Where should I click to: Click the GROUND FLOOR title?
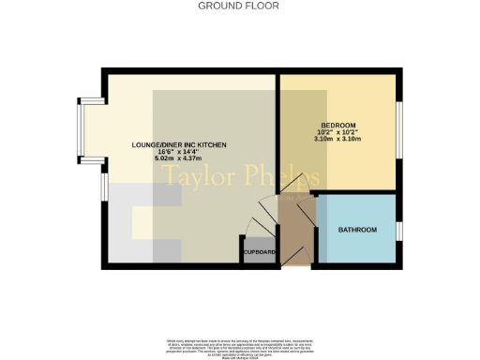(239, 6)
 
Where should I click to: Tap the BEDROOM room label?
(338, 125)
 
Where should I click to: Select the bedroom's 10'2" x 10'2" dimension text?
(338, 133)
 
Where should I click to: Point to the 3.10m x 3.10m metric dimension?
(338, 142)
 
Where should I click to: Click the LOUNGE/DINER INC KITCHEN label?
(178, 143)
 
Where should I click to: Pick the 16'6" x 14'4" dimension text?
(178, 152)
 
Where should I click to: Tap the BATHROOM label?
(357, 230)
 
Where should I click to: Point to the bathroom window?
(399, 230)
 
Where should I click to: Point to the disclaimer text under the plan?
(239, 339)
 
